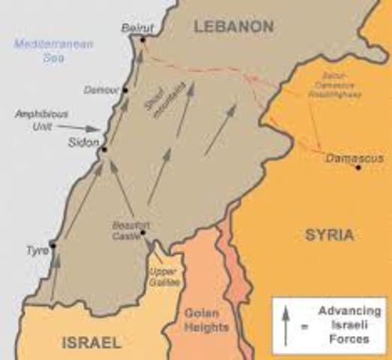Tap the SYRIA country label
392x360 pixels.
point(329,235)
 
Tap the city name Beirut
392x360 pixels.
point(137,28)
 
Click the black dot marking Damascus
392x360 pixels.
point(360,166)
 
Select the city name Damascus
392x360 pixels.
point(354,157)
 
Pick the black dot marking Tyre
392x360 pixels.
point(52,244)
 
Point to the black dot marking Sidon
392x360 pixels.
point(104,150)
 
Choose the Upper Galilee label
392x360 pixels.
point(162,274)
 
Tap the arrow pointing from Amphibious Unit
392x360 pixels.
point(85,128)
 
